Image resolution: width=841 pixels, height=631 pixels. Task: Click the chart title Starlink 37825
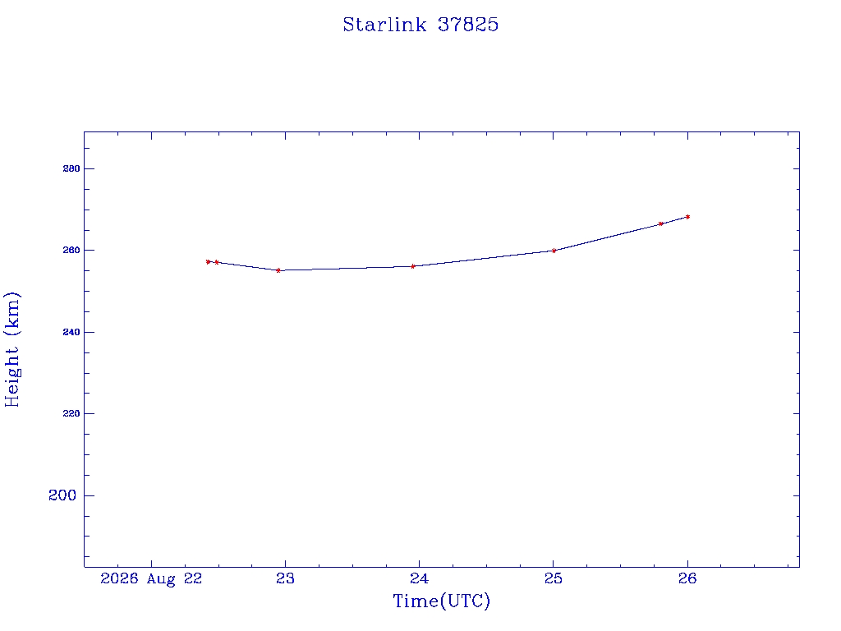coord(420,25)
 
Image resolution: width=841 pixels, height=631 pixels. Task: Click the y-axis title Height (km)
coord(11,349)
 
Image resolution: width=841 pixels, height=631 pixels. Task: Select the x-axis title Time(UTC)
coord(441,601)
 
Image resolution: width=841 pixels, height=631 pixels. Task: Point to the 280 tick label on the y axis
coord(71,168)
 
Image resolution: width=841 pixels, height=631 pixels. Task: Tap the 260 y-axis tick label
coord(71,250)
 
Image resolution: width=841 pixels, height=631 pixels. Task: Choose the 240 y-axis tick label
coord(71,332)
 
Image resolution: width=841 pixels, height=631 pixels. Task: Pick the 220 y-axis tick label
coord(71,414)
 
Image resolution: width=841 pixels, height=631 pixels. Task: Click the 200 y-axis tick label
coord(62,495)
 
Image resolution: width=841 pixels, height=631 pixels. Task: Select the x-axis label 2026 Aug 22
coord(151,578)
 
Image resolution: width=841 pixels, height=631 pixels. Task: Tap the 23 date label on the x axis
coord(285,578)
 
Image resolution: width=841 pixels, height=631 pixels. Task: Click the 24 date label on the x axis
coord(419,578)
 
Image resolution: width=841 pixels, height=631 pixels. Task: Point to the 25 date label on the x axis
coord(553,578)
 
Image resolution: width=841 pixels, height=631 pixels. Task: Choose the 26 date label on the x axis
coord(687,578)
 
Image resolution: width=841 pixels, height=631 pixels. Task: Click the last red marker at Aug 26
coord(687,217)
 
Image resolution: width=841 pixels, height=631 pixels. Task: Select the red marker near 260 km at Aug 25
coord(554,251)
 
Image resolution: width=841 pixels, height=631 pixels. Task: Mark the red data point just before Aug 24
coord(413,266)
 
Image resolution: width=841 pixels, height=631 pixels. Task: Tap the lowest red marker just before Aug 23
coord(278,270)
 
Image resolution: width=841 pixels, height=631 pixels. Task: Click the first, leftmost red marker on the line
coord(208,262)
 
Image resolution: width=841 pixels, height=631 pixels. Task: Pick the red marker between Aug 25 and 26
coord(661,223)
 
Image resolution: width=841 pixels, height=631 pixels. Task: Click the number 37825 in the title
coord(468,25)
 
